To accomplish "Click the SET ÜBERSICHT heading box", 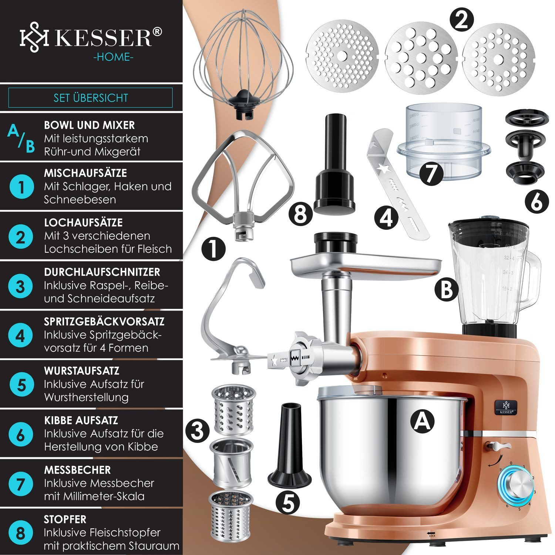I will (x=90, y=98).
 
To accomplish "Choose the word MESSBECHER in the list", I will (x=77, y=470).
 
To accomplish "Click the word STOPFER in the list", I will (x=65, y=519).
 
